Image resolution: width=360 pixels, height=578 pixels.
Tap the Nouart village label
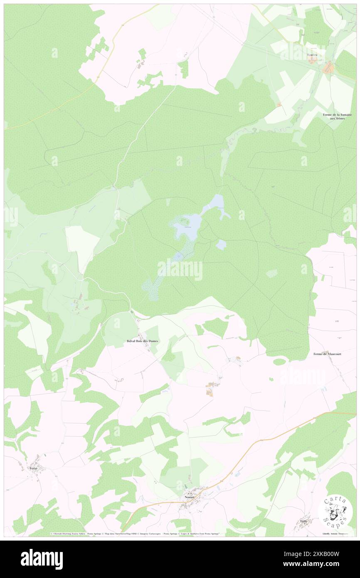pos(190,497)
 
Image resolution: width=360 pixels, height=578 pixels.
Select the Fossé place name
pos(34,468)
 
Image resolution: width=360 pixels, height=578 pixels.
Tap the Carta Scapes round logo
pos(335,510)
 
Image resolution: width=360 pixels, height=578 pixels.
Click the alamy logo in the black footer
pos(42,559)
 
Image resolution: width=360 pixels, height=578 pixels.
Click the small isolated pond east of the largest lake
pos(221,245)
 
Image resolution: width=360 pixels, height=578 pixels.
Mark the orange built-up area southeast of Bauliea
pos(329,67)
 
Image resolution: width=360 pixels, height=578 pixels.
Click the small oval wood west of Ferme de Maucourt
pos(279,362)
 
